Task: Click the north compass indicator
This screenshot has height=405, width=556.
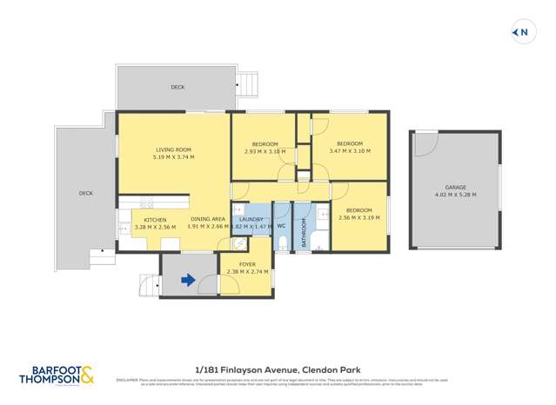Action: [521, 32]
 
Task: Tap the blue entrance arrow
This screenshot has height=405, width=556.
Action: [186, 280]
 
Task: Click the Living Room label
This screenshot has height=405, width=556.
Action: [173, 149]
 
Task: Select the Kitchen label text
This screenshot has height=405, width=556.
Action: [155, 220]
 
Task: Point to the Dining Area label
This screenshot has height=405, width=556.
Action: [208, 220]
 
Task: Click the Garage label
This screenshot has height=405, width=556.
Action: [455, 188]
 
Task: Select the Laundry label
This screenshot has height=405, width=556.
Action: [251, 219]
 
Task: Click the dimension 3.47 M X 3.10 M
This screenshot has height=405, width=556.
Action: [349, 151]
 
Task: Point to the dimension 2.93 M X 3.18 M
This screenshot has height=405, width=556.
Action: [265, 151]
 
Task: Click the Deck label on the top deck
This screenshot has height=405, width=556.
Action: [178, 87]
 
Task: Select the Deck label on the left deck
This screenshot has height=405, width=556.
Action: [85, 194]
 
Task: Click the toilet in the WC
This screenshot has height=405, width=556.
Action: [282, 242]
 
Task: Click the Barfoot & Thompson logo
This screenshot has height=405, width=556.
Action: [57, 375]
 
